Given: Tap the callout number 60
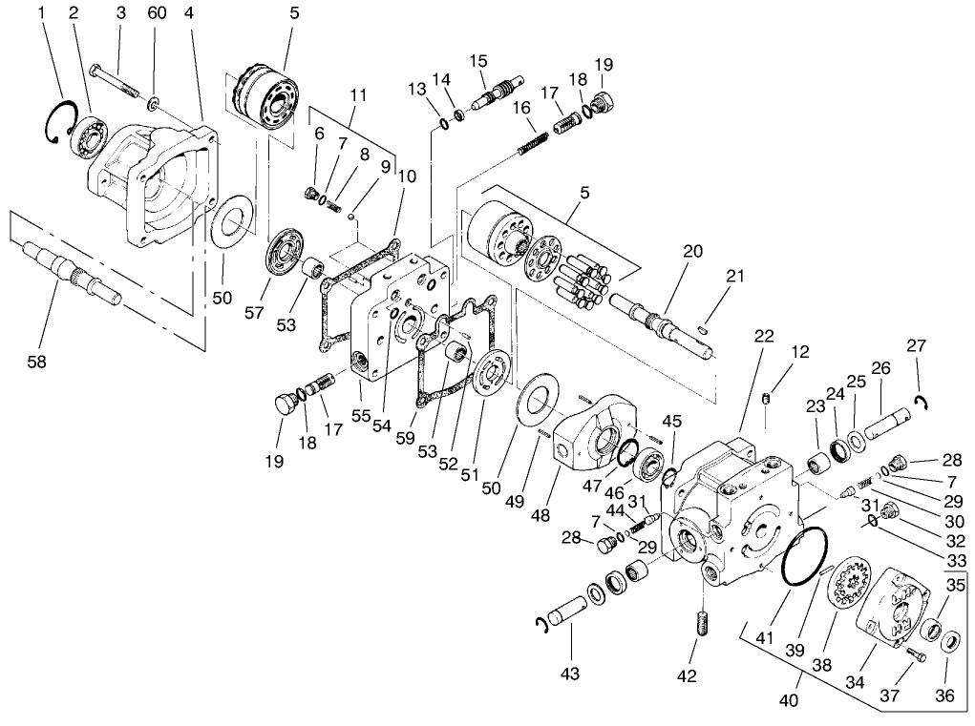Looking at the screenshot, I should tap(157, 12).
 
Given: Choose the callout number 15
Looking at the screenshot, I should tap(478, 61).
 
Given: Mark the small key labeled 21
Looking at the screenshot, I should tap(703, 329).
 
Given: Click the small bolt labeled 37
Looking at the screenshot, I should tap(916, 655).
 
